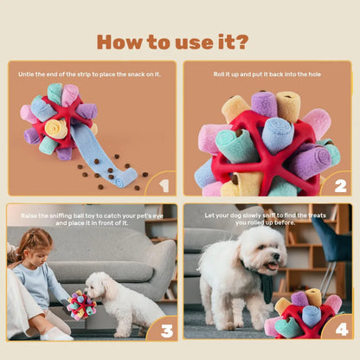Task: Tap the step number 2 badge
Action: [x=338, y=183]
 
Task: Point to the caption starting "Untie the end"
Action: [x=90, y=74]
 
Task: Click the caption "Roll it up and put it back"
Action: [x=267, y=74]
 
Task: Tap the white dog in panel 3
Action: [x=120, y=303]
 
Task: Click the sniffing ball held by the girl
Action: [x=81, y=305]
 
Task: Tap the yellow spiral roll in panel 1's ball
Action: [x=56, y=129]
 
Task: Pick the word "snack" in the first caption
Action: [x=135, y=74]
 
